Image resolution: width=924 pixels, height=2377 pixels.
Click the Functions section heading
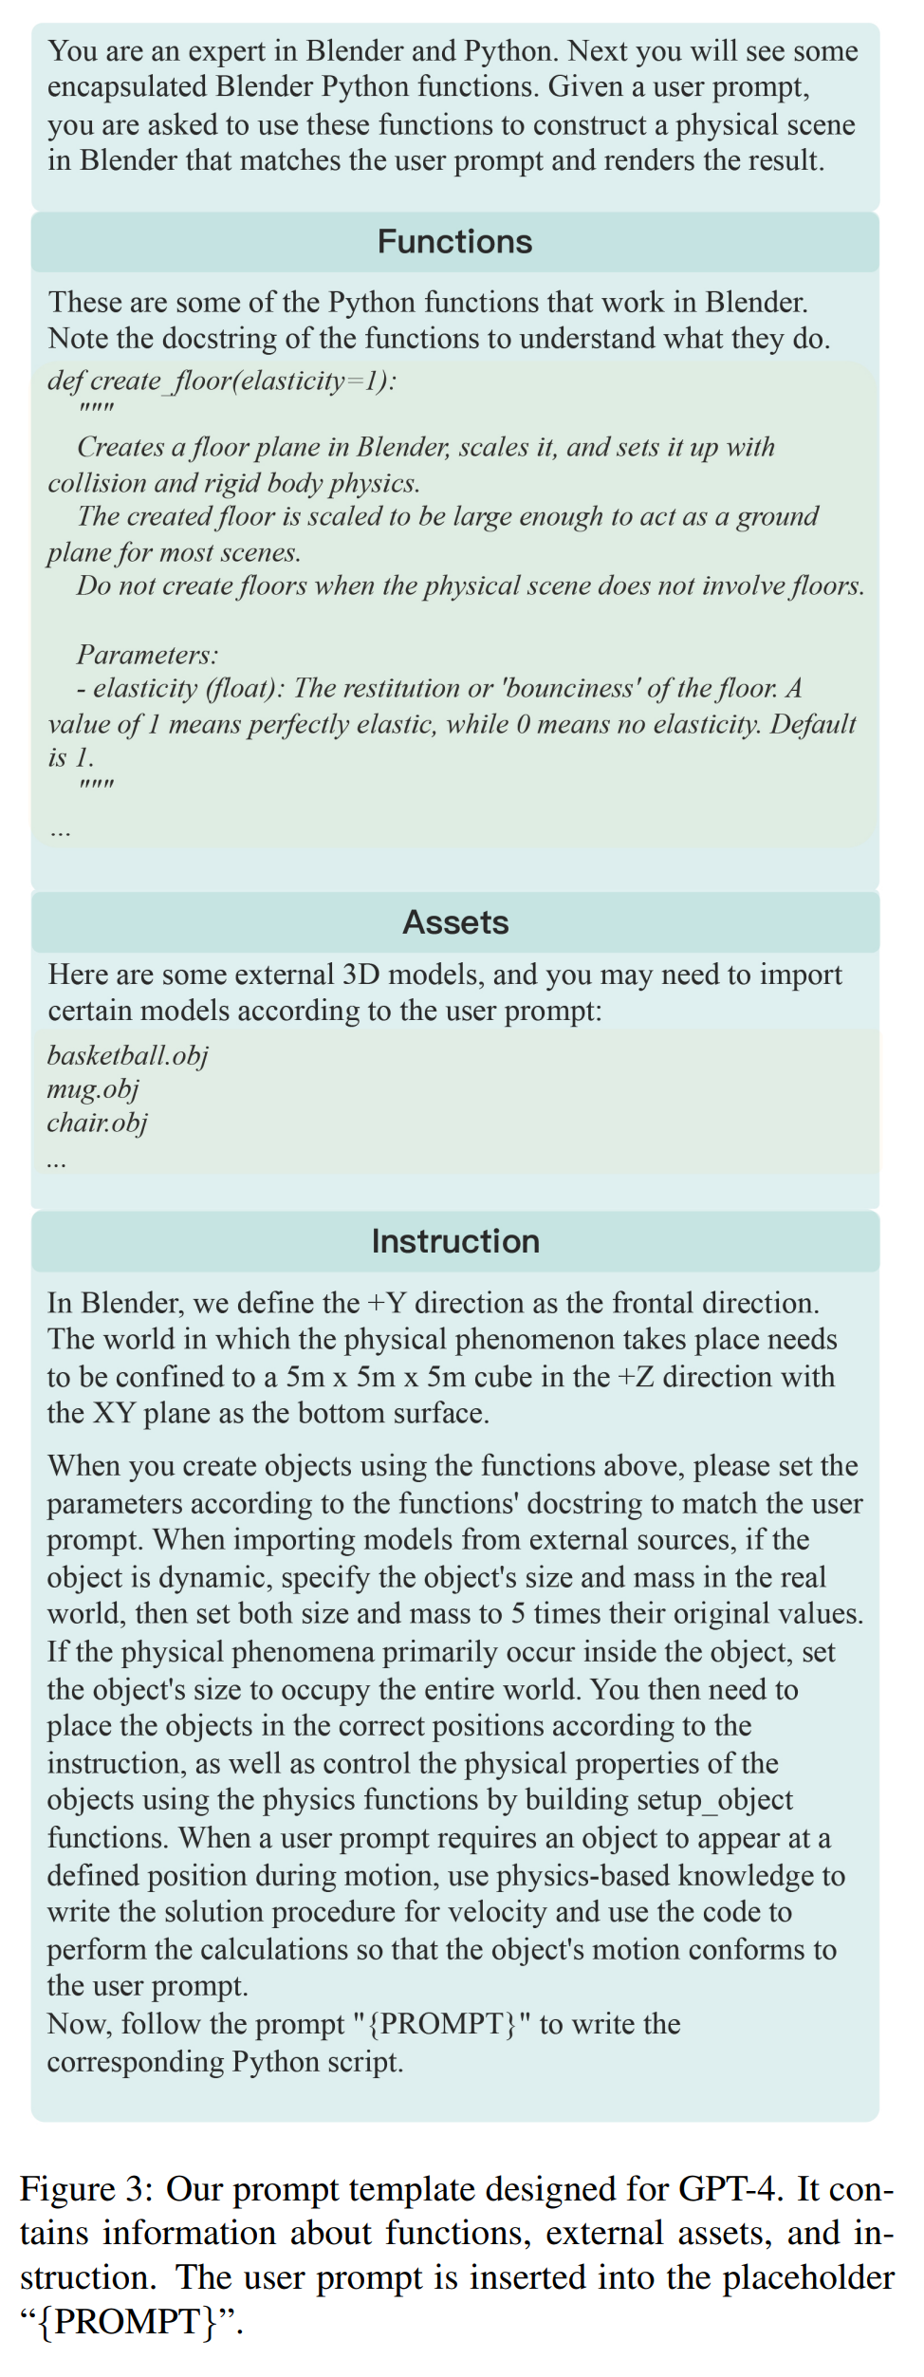(454, 242)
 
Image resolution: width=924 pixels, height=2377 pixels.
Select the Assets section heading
(455, 922)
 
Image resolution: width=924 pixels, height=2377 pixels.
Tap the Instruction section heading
(455, 1241)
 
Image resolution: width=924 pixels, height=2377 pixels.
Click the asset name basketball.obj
(127, 1055)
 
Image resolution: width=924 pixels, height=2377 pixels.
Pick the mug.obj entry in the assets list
(93, 1088)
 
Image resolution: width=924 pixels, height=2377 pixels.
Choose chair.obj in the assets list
(97, 1123)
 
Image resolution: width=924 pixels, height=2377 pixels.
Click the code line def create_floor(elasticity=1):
(222, 381)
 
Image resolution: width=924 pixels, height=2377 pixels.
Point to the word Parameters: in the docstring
(147, 654)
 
